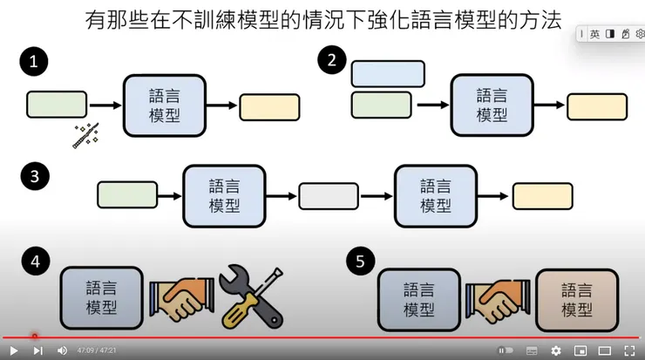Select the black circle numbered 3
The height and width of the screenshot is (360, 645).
click(33, 176)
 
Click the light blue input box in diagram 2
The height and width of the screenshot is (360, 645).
click(388, 74)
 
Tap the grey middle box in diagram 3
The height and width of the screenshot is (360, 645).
click(329, 195)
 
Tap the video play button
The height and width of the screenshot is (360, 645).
click(14, 350)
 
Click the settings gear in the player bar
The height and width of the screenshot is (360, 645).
click(556, 350)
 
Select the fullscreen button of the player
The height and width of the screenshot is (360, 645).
click(629, 350)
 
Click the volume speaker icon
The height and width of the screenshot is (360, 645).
click(62, 350)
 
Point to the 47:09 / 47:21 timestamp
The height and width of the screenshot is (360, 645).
click(97, 350)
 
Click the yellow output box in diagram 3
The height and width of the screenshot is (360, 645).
click(542, 195)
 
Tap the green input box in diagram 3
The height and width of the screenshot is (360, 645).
click(127, 195)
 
